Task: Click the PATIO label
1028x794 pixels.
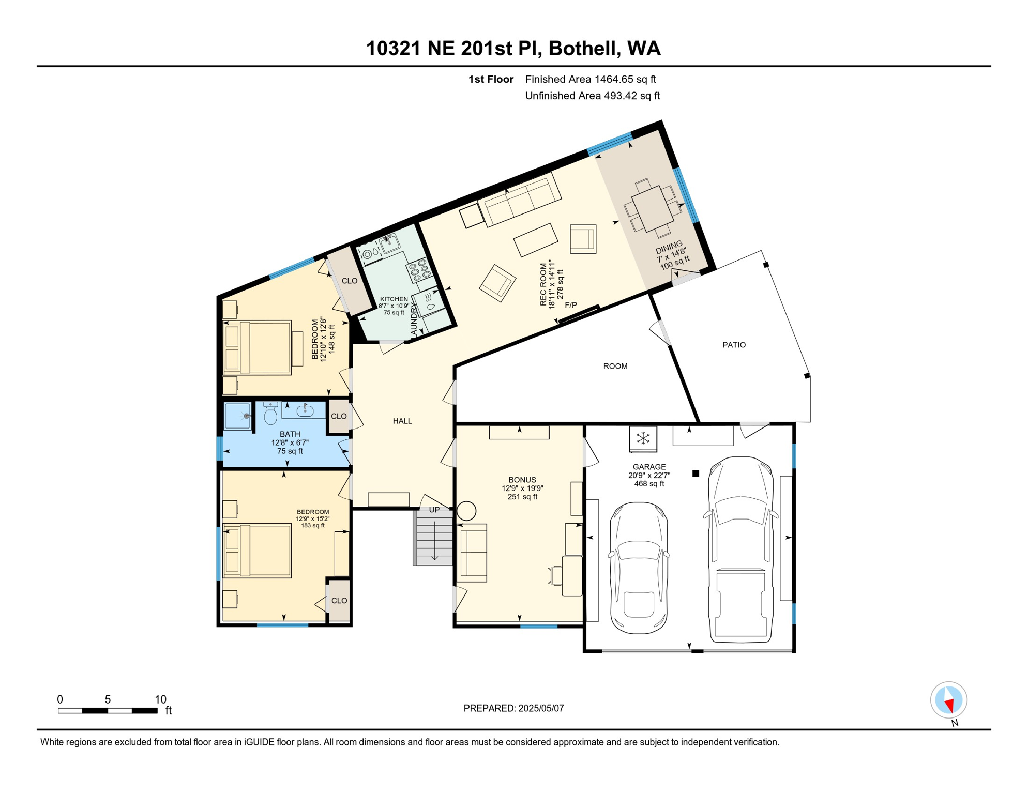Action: tap(734, 345)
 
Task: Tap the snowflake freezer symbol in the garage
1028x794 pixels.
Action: tap(643, 439)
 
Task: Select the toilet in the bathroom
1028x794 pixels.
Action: tap(270, 414)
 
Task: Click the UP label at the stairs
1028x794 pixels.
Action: tap(434, 510)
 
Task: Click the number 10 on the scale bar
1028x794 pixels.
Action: tap(160, 699)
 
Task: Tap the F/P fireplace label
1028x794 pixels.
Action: tap(570, 305)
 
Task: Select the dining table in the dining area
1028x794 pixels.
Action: tap(653, 208)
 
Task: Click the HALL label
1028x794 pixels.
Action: tap(402, 421)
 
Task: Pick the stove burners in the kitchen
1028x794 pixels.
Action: tap(419, 269)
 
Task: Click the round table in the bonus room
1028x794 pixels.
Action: tap(466, 511)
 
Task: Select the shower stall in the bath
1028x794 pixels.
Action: tap(238, 416)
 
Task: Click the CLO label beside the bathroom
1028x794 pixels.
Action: tap(339, 416)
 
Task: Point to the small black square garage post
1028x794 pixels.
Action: tap(696, 474)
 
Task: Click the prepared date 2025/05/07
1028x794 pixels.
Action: tap(539, 708)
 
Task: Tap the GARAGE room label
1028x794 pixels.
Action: tap(649, 467)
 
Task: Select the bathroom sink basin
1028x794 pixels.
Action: tap(305, 411)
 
